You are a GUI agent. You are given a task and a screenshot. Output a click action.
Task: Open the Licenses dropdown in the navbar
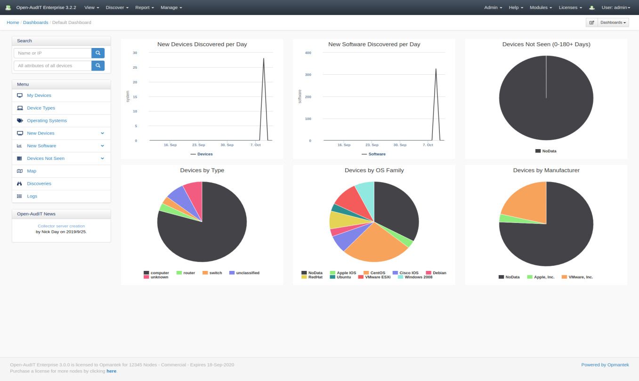570,8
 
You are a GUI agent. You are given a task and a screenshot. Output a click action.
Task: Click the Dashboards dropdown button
613,23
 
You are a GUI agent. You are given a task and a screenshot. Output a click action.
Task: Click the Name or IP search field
52,53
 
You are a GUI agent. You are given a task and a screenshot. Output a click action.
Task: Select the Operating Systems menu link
47,120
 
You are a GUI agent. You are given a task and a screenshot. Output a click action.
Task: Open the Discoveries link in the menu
39,183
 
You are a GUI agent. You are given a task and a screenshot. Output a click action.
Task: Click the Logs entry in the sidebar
32,196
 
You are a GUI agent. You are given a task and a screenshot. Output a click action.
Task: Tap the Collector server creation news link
61,226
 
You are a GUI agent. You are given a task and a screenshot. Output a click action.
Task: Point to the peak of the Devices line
264,58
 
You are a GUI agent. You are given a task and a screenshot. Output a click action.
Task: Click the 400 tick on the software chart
308,53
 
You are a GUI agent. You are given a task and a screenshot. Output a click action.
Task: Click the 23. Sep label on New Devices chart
199,145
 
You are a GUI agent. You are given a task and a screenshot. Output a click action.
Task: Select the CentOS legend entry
377,273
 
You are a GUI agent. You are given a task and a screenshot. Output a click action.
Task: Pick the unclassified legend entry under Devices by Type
247,273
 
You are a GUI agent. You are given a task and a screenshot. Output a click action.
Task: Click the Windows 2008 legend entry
418,277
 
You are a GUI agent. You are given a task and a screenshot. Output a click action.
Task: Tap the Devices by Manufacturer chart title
546,170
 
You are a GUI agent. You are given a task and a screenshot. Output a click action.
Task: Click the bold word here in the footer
111,371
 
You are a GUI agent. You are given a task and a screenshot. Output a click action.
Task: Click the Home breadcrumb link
13,23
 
